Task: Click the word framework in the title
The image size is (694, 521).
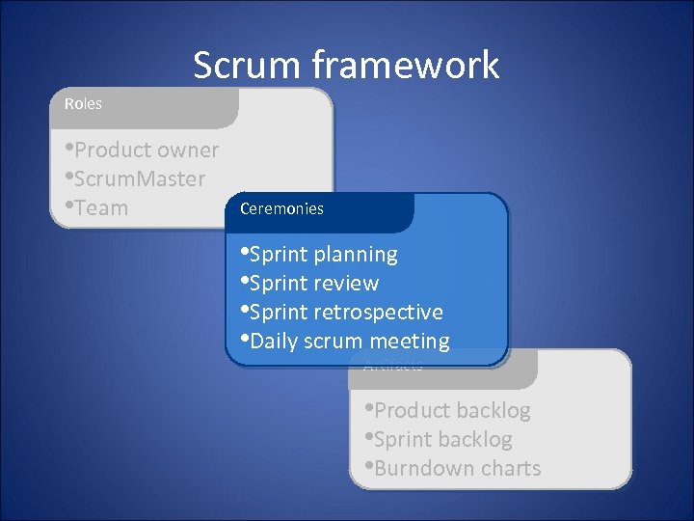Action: [406, 66]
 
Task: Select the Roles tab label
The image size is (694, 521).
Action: [83, 103]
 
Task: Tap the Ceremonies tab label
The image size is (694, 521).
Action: [281, 208]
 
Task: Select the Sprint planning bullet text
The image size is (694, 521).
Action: [322, 255]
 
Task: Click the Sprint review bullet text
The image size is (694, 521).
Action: [312, 284]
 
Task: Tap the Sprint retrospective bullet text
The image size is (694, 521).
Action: [345, 313]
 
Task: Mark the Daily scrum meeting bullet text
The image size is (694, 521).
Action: [348, 342]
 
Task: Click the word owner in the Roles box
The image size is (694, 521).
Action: [189, 151]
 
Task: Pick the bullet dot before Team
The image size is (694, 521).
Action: [69, 206]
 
